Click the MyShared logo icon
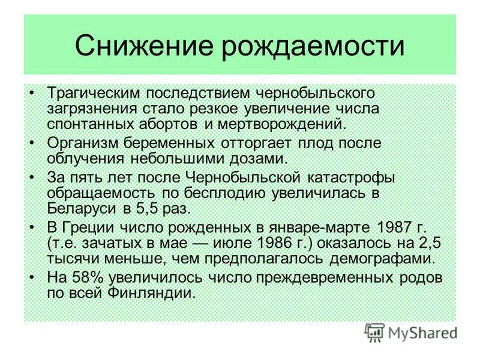(374, 332)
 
